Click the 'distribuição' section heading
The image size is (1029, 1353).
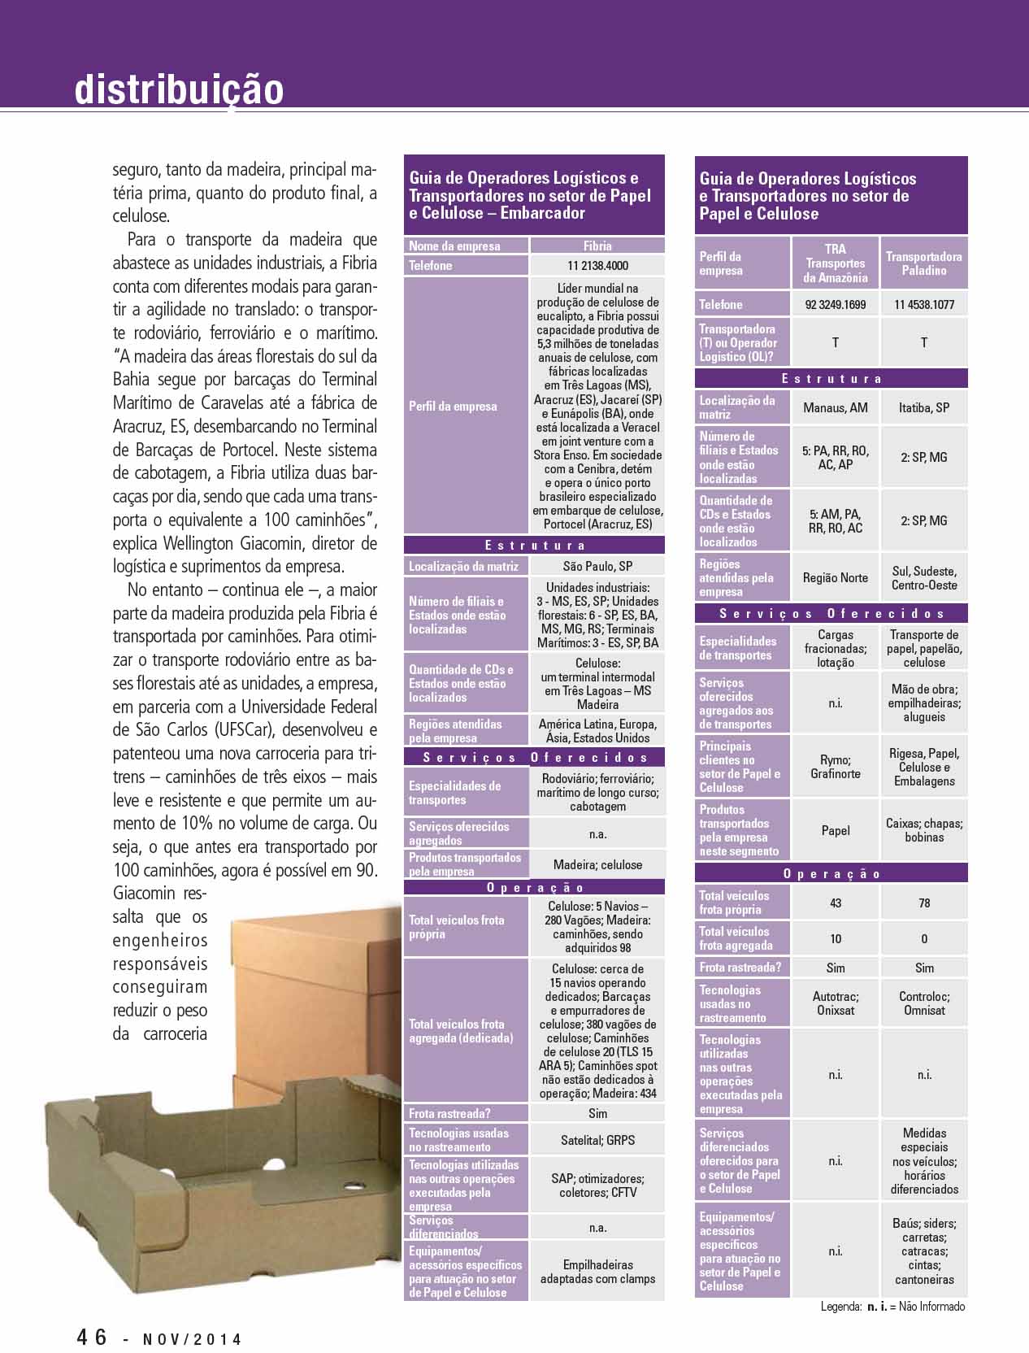[x=179, y=89]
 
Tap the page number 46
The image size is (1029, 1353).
[x=92, y=1337]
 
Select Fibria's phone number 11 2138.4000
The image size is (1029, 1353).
[x=597, y=265]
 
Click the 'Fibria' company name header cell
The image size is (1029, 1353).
[x=597, y=246]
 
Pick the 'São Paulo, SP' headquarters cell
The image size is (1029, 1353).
[x=597, y=566]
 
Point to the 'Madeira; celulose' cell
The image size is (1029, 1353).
[x=597, y=864]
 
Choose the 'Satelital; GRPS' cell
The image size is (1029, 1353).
[x=597, y=1140]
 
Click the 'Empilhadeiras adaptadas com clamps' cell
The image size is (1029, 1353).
[x=597, y=1272]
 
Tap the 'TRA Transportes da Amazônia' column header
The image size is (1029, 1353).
[x=835, y=263]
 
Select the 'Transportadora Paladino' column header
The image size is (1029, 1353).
[x=924, y=263]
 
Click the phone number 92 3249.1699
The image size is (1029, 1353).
[x=835, y=304]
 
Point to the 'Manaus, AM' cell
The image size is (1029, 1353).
[x=835, y=407]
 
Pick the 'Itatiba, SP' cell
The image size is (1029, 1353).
[x=924, y=407]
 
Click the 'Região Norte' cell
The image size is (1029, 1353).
[x=835, y=577]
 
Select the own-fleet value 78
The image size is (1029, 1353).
[x=924, y=903]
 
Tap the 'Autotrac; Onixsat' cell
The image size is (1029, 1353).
[x=835, y=1003]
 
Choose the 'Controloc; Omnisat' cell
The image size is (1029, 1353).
[x=924, y=1003]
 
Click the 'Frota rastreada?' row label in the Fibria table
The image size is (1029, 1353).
[x=449, y=1113]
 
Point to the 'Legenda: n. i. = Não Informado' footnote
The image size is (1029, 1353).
[x=892, y=1307]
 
